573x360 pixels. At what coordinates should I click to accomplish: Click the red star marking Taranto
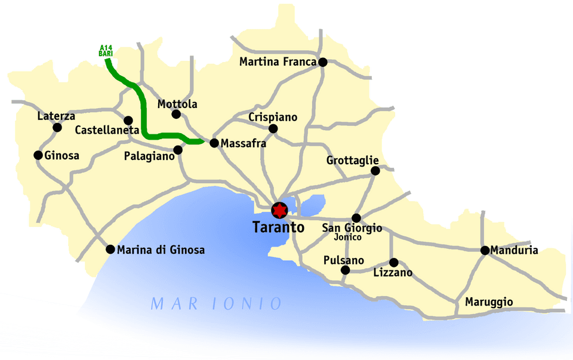(x=279, y=210)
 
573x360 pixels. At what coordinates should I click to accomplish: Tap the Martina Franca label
(x=278, y=61)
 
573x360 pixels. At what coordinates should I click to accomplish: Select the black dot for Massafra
(x=214, y=143)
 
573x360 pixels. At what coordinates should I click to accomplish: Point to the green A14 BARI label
(x=106, y=50)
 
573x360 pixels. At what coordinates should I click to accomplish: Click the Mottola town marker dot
(x=175, y=113)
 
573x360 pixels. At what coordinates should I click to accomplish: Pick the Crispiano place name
(x=273, y=117)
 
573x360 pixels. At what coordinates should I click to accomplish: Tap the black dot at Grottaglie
(x=375, y=171)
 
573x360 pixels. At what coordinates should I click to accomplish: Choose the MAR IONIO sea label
(x=216, y=304)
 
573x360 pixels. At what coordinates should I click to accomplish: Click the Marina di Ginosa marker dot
(x=110, y=250)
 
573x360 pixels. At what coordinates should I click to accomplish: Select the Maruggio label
(x=489, y=302)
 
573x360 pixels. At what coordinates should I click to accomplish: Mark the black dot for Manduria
(x=485, y=250)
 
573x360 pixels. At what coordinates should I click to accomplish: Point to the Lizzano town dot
(x=393, y=262)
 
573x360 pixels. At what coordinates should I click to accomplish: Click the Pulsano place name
(x=343, y=260)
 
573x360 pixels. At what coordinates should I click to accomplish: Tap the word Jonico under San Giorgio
(x=348, y=237)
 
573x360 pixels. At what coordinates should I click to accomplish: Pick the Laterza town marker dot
(x=57, y=127)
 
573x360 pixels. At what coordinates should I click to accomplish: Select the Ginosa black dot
(x=39, y=155)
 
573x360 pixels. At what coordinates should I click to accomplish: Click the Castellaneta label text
(x=99, y=130)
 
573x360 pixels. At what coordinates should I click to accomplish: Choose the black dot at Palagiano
(x=177, y=150)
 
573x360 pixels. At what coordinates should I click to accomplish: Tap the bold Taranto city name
(x=279, y=227)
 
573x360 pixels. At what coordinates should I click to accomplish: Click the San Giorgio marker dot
(x=356, y=218)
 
